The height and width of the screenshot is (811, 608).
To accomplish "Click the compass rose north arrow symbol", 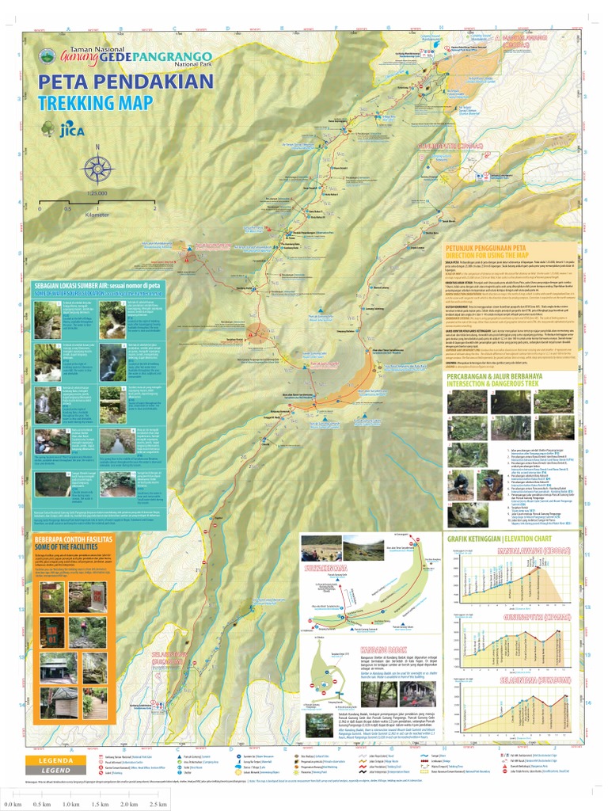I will (97, 167).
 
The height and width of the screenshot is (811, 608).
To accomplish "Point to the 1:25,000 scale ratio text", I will (97, 193).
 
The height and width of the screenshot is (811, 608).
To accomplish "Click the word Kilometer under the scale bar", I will (97, 215).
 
